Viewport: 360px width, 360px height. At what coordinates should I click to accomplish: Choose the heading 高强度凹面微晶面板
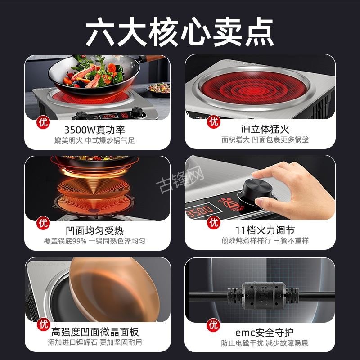(x=95, y=332)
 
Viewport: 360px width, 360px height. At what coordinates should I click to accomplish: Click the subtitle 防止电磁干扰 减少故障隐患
(x=265, y=343)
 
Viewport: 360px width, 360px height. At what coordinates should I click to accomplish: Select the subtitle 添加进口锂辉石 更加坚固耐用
(x=95, y=343)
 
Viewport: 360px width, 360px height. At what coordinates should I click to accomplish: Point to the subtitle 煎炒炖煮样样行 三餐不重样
(x=265, y=241)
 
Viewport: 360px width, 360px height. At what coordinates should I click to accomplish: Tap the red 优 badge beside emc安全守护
(x=214, y=324)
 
